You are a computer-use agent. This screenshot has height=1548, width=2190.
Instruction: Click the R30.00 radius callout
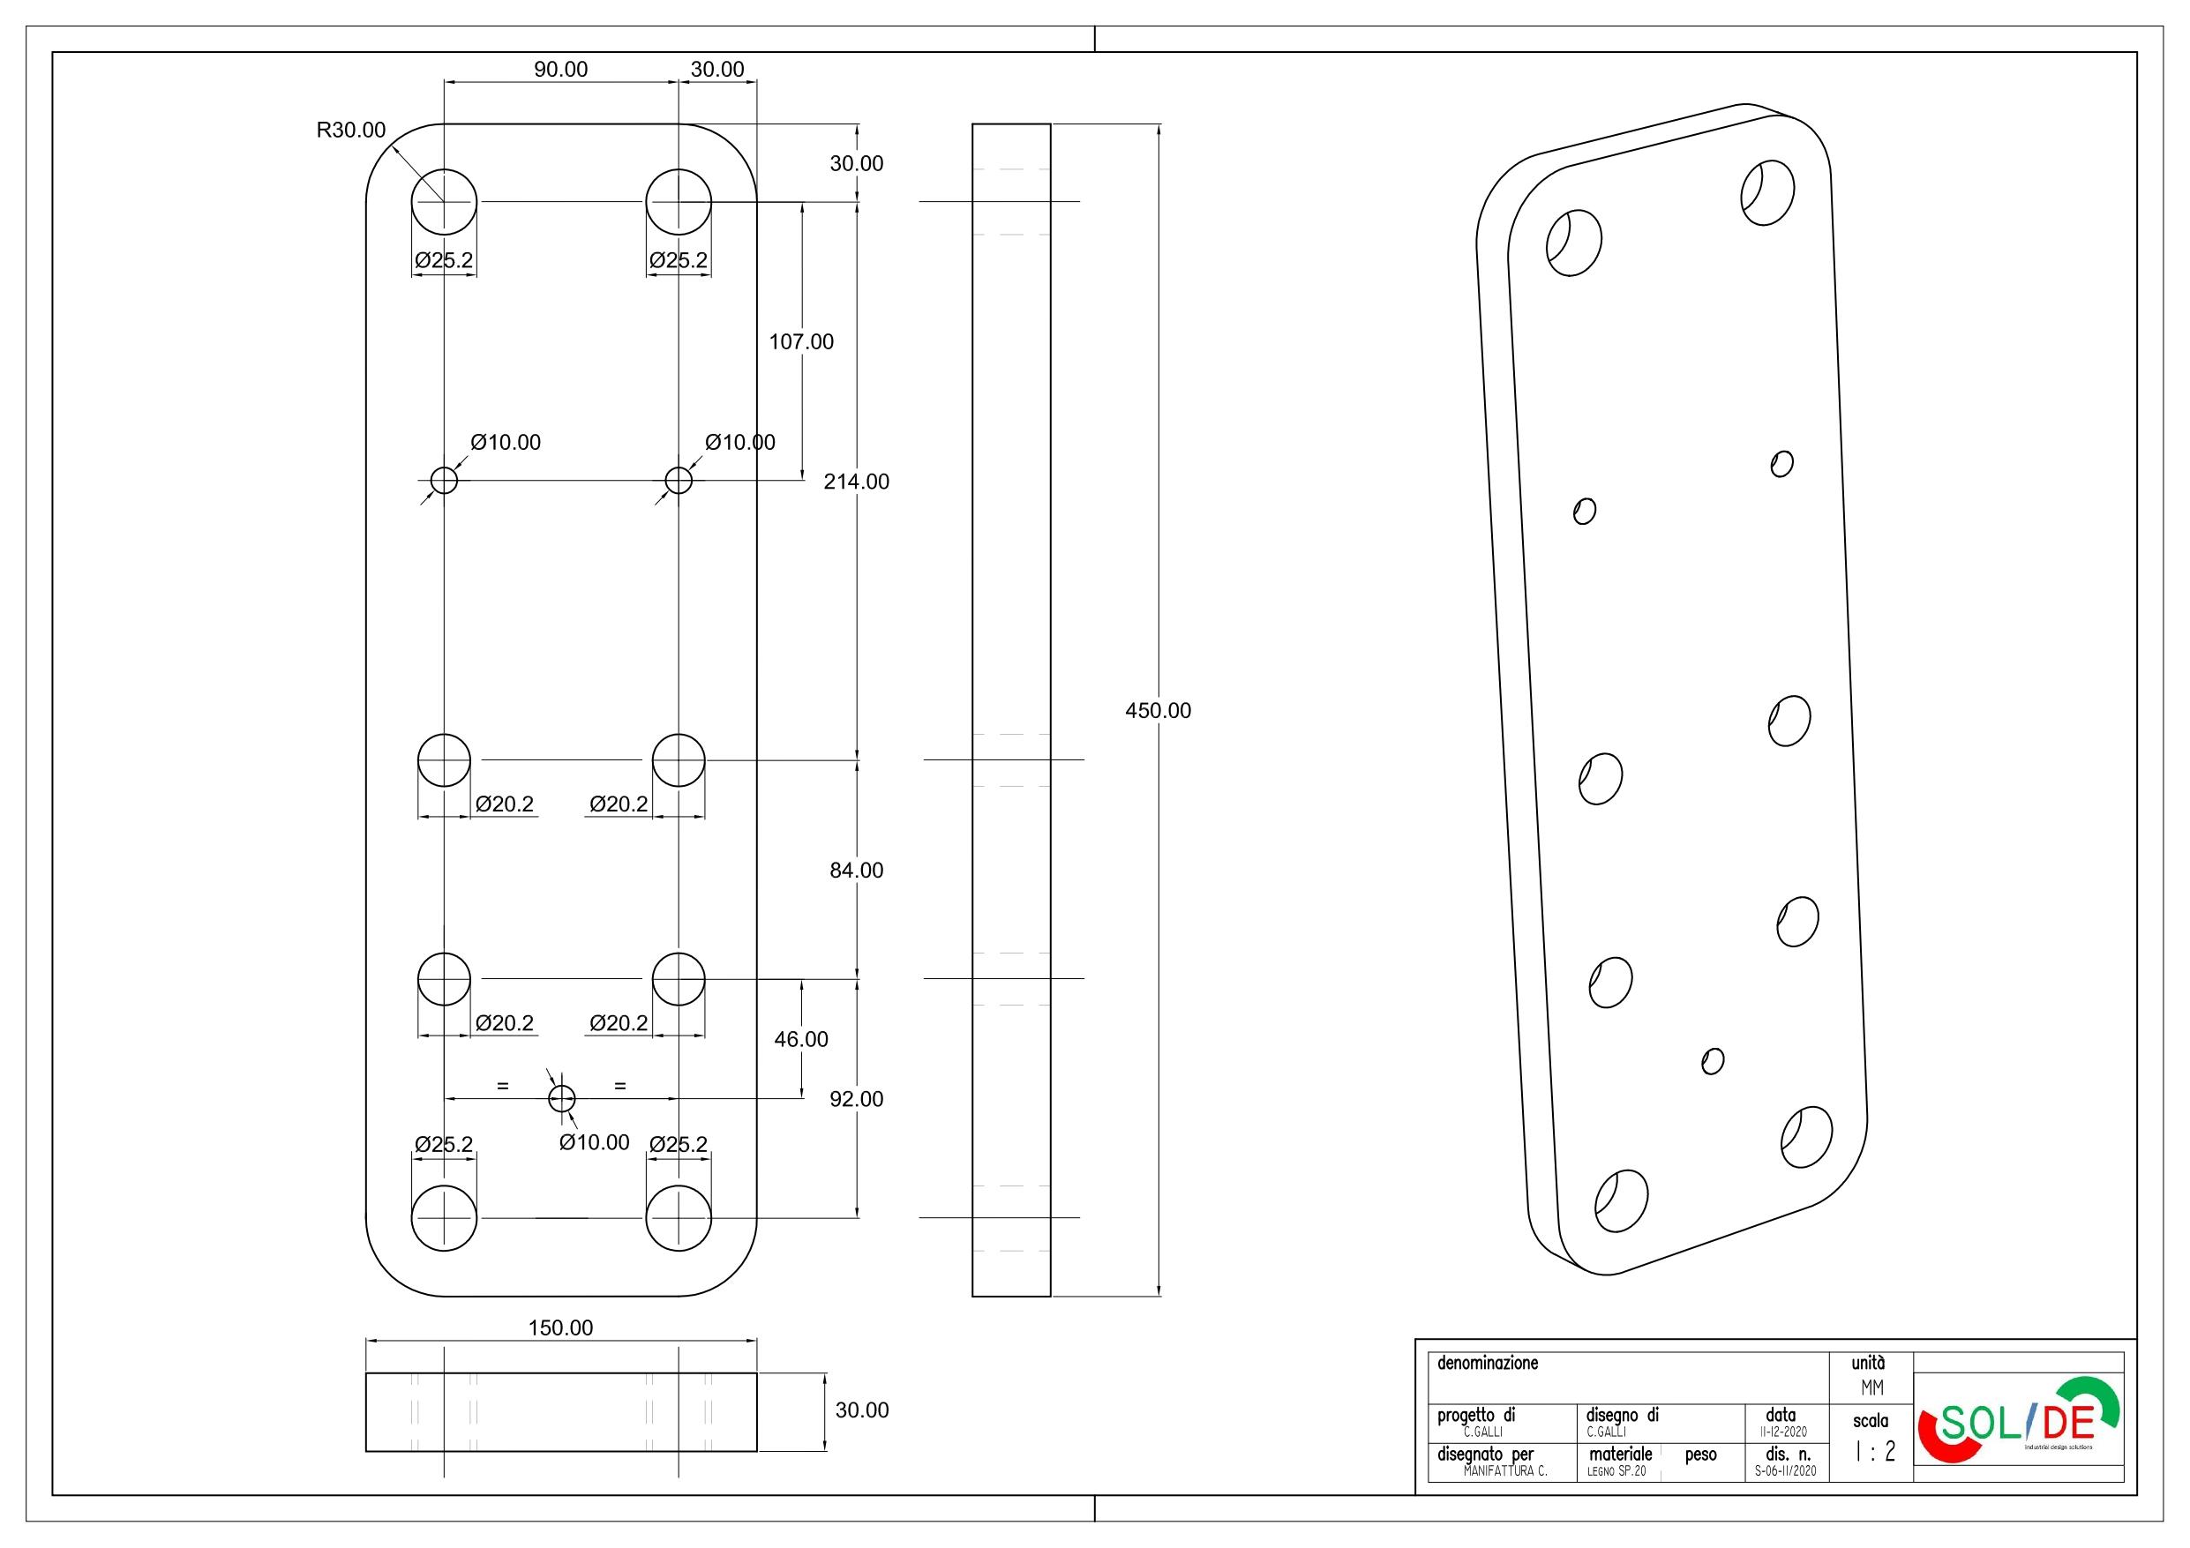coord(351,131)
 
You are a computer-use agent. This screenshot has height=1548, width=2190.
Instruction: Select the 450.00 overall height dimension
coord(1158,711)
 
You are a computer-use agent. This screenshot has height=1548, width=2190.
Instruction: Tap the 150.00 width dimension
coord(561,1327)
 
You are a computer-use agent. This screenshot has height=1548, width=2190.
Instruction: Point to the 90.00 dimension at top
coord(561,70)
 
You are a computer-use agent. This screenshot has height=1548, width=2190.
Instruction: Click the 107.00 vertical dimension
coord(801,341)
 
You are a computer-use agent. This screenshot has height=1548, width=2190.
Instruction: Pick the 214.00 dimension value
coord(857,482)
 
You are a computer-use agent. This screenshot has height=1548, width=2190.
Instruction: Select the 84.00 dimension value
coord(857,870)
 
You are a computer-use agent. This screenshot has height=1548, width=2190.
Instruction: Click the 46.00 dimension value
coord(801,1039)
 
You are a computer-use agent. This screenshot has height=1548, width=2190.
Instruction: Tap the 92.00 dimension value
coord(857,1099)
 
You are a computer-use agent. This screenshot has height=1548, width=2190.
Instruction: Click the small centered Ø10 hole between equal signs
coord(562,1099)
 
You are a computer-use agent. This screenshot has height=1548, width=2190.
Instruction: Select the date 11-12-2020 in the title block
coord(1780,1432)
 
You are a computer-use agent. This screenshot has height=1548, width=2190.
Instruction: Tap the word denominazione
coord(1488,1363)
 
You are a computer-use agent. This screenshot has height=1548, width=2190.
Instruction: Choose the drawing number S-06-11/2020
coord(1786,1471)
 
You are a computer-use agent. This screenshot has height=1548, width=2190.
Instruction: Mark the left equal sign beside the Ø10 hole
coord(503,1087)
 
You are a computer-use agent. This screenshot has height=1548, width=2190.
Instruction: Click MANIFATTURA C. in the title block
coord(1504,1471)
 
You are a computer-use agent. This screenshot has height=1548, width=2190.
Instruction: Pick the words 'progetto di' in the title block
coord(1475,1417)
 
